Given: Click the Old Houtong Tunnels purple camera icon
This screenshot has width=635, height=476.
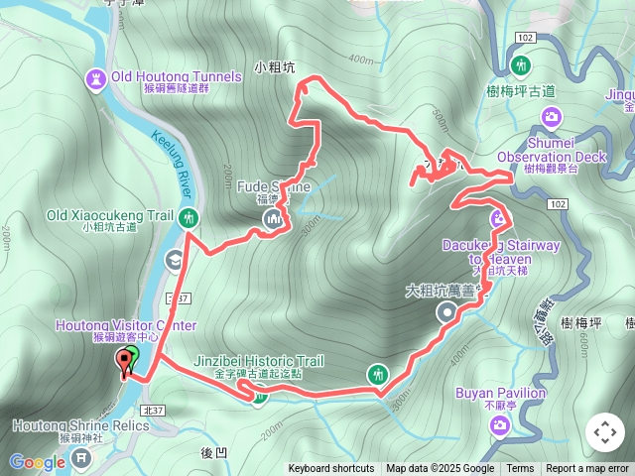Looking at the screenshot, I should point(96,77).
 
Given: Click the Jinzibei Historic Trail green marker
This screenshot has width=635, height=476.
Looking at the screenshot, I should point(259,399).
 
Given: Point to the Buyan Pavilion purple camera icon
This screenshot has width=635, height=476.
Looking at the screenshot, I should point(500,424).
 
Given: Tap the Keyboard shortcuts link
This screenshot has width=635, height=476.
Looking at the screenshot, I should point(331,469).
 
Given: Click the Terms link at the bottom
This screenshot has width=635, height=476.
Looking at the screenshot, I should point(520,469).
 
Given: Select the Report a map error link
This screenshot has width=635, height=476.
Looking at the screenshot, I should point(588,469).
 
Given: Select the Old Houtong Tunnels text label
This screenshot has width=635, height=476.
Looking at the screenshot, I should point(177,76).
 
